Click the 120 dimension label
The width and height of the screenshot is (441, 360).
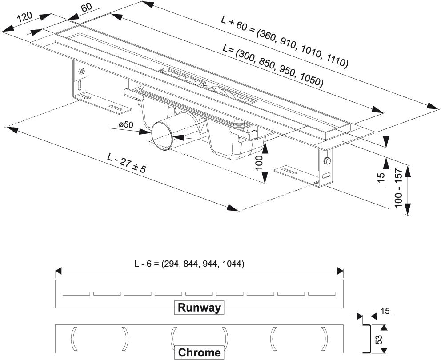tap(25, 18)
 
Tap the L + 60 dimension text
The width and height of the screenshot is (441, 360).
tap(285, 42)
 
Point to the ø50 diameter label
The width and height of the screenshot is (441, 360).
tap(126, 125)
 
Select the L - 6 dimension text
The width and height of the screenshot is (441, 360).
tap(189, 264)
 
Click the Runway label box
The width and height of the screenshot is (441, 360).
tap(200, 308)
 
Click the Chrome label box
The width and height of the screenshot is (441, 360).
tap(200, 352)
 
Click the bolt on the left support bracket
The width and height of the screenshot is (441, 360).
tap(81, 71)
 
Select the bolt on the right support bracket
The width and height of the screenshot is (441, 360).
tap(327, 160)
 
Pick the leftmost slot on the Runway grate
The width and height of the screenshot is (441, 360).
tap(76, 293)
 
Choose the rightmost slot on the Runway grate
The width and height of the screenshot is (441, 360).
tap(322, 293)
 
